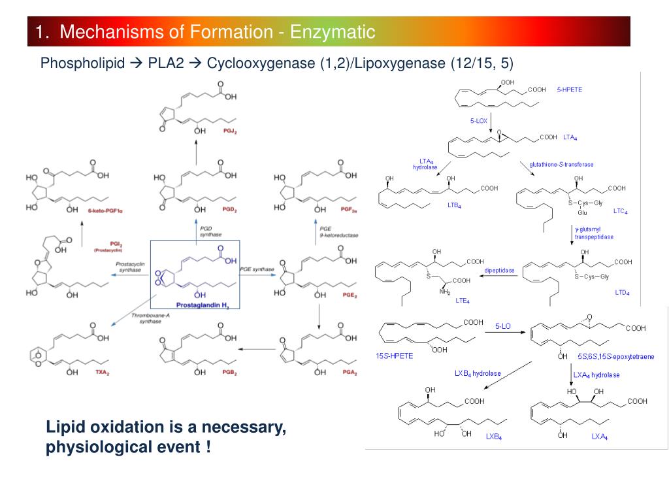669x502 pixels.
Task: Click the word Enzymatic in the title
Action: [333, 31]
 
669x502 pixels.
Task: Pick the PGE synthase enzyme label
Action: [257, 269]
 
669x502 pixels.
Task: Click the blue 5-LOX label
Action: [479, 120]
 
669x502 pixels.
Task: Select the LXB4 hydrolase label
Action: [478, 373]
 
